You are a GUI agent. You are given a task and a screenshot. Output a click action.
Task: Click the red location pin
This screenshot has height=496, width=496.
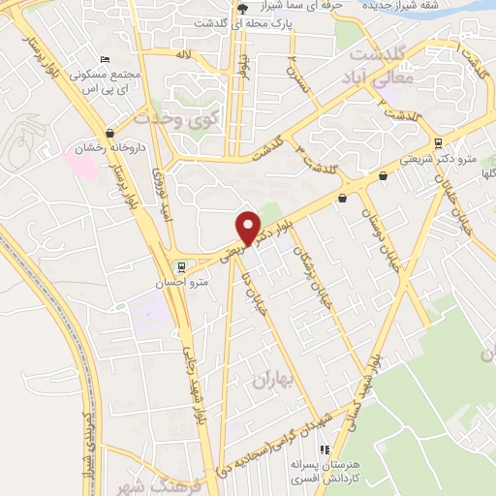[x=249, y=227]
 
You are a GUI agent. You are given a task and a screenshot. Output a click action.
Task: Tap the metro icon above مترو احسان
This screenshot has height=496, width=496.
[x=179, y=267]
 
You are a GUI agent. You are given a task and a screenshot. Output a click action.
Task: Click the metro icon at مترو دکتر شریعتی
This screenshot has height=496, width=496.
[x=386, y=175]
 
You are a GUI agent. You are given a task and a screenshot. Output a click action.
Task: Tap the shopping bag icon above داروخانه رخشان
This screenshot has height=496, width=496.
[x=109, y=134]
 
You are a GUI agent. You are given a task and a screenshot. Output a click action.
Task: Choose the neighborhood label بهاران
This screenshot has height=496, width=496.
[x=272, y=381]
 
